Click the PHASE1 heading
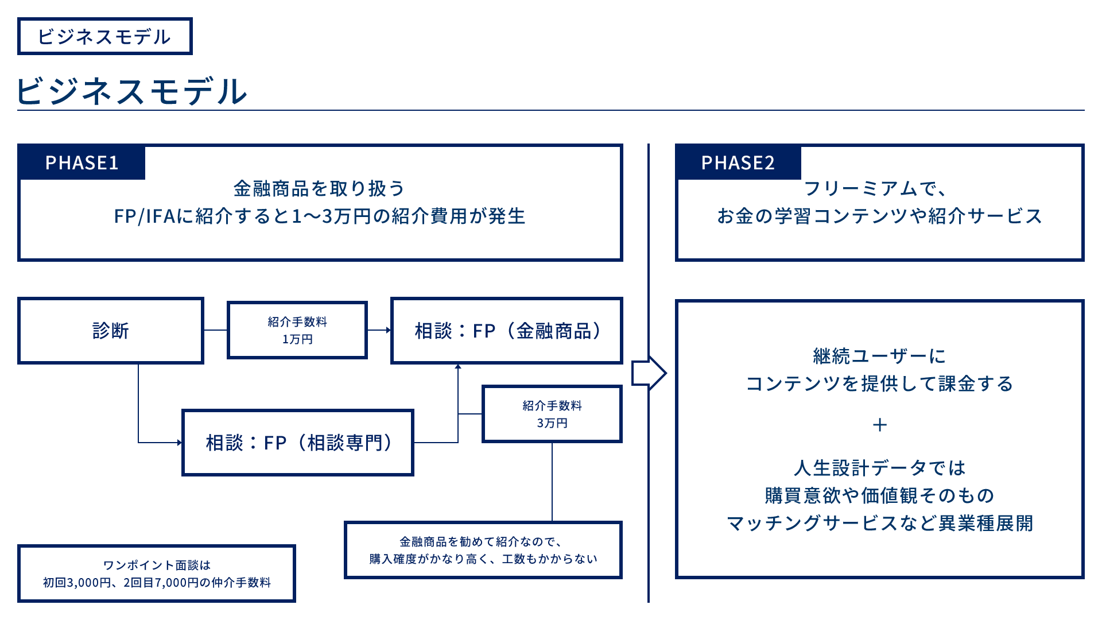point(82,163)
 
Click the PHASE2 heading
point(738,163)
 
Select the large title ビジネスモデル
point(132,92)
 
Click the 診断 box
point(112,331)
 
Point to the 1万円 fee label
point(297,339)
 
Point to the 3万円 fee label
point(552,423)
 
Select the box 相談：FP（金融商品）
point(507,331)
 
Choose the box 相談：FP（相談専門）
point(297,443)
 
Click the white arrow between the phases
point(647,373)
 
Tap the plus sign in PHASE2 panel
point(879,425)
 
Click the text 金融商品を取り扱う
point(319,189)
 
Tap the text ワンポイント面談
point(151,565)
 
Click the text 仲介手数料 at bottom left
point(238,583)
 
